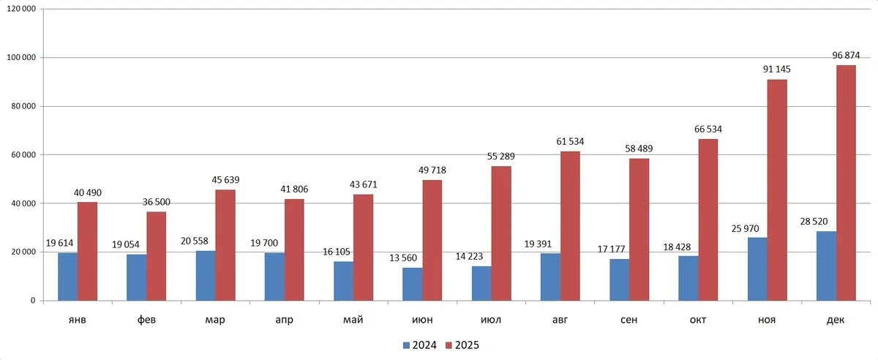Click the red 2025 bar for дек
tap(846, 183)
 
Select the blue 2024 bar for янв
tap(67, 277)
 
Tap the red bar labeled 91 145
tap(777, 190)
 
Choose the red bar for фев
tap(156, 256)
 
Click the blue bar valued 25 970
tap(757, 269)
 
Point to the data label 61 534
tap(570, 141)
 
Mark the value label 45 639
tap(225, 180)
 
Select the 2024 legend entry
tap(419, 344)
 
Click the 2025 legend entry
tap(462, 344)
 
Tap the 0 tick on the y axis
tap(33, 301)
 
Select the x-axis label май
tap(353, 320)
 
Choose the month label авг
tap(560, 320)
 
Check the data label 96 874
tap(846, 55)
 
